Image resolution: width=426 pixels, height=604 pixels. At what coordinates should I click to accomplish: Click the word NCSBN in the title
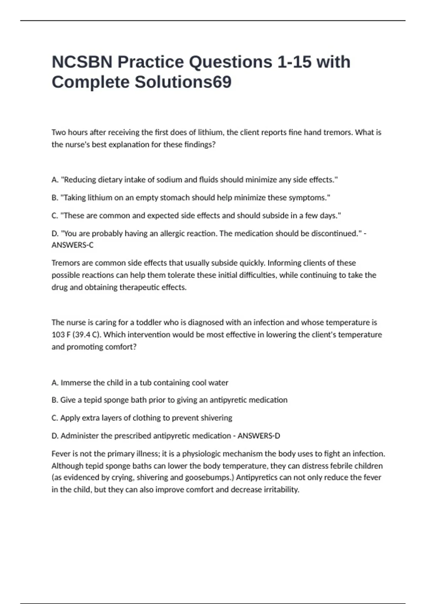82,62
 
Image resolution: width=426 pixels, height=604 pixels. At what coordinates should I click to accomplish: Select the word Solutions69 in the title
183,82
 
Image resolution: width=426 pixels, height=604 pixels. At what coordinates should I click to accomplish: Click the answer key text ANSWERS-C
72,245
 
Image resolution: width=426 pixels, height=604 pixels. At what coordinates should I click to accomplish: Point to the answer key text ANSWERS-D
259,436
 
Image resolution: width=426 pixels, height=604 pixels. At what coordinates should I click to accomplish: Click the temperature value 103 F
61,335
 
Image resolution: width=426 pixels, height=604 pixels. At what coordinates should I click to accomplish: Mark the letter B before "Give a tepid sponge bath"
54,400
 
